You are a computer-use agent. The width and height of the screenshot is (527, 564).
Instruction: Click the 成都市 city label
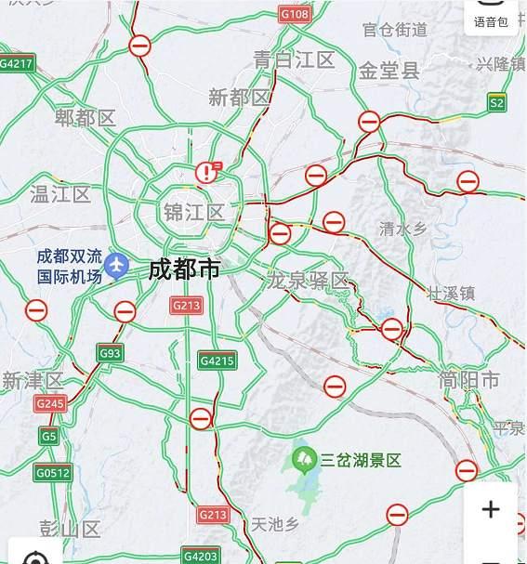(x=185, y=270)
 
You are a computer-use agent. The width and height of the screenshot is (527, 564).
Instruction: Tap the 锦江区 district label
(x=193, y=213)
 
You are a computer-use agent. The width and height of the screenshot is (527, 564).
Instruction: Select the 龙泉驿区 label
(x=307, y=281)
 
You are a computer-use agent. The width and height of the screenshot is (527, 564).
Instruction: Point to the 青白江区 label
(x=294, y=60)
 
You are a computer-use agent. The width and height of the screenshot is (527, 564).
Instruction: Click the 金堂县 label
(x=389, y=71)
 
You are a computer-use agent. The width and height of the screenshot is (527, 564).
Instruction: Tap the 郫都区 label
(x=85, y=118)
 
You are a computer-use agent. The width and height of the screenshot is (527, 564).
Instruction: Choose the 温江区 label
(x=60, y=194)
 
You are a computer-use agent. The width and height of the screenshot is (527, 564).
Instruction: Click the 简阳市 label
(x=469, y=380)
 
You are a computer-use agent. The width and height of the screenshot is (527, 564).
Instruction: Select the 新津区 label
(x=33, y=381)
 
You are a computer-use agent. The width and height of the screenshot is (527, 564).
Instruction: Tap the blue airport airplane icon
(x=116, y=266)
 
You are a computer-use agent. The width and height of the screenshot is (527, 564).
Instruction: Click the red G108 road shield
(x=295, y=15)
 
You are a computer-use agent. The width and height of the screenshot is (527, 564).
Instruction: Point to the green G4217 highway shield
(x=17, y=64)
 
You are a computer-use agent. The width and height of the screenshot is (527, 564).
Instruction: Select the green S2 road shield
(x=497, y=103)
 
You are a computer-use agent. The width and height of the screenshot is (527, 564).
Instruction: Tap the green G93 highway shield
(x=111, y=353)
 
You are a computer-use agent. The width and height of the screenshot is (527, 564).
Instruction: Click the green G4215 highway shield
(x=217, y=361)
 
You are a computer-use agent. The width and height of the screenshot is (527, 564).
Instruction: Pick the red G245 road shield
(x=50, y=403)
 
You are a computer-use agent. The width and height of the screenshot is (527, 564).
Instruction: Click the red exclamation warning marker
(x=205, y=173)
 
